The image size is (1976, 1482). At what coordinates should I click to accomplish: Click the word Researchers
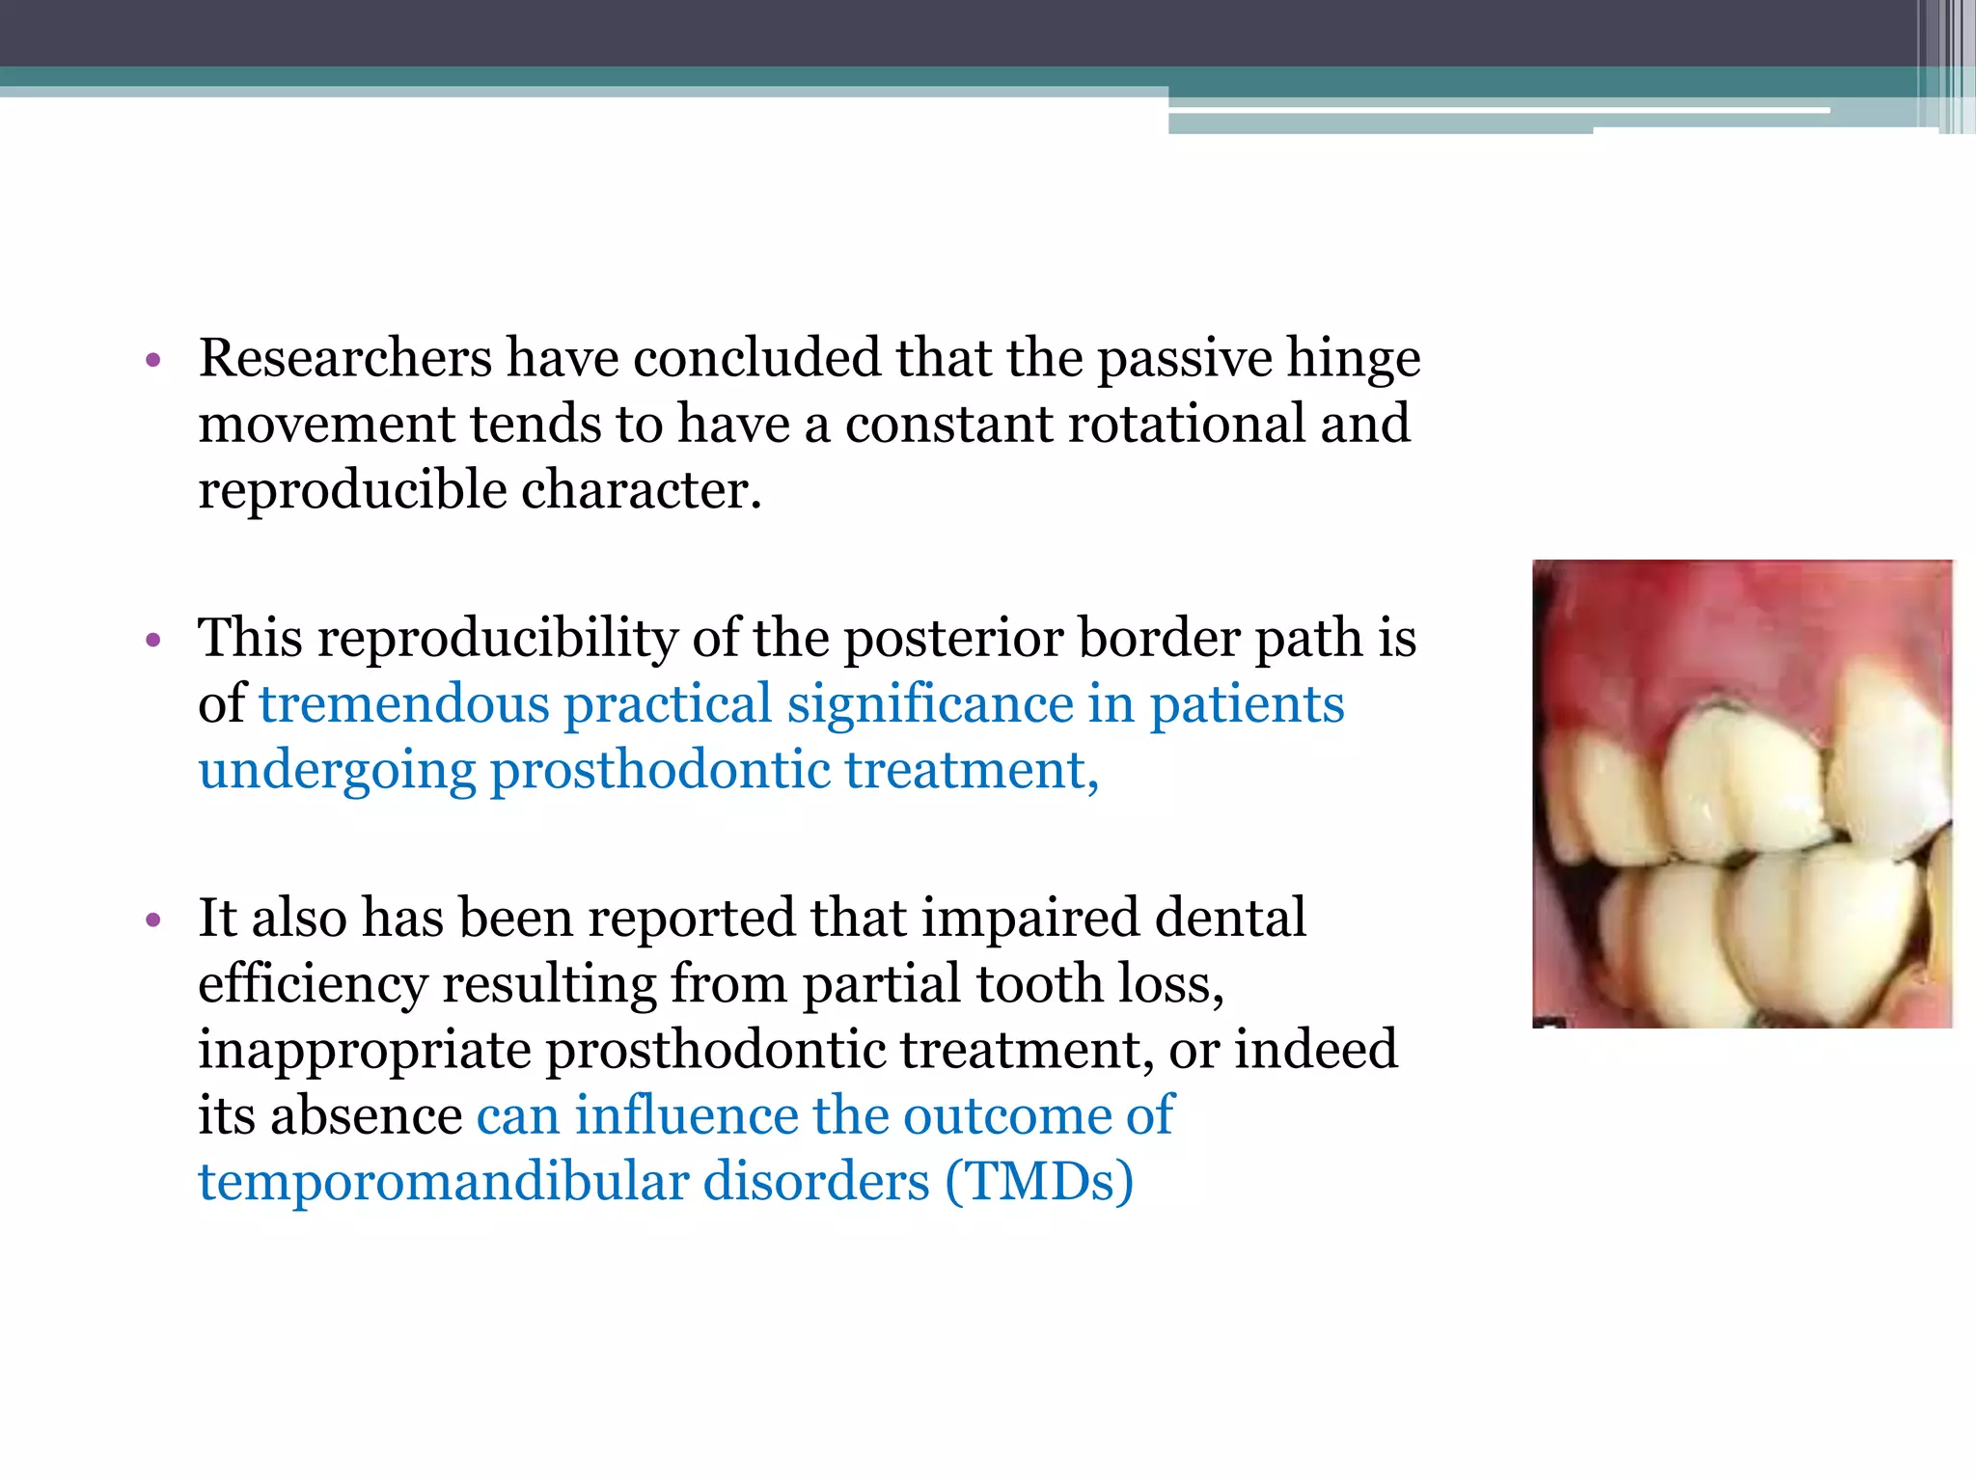(345, 359)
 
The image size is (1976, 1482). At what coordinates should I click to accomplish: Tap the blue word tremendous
(404, 704)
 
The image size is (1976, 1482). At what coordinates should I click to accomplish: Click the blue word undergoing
(337, 771)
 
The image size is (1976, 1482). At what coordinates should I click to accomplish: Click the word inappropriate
(364, 1051)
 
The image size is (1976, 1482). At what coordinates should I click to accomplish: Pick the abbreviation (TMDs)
(1038, 1183)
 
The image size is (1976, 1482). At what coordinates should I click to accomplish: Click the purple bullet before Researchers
(152, 363)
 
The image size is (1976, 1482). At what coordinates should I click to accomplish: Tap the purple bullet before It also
(152, 921)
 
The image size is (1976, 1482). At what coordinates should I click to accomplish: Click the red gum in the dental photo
(1698, 627)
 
